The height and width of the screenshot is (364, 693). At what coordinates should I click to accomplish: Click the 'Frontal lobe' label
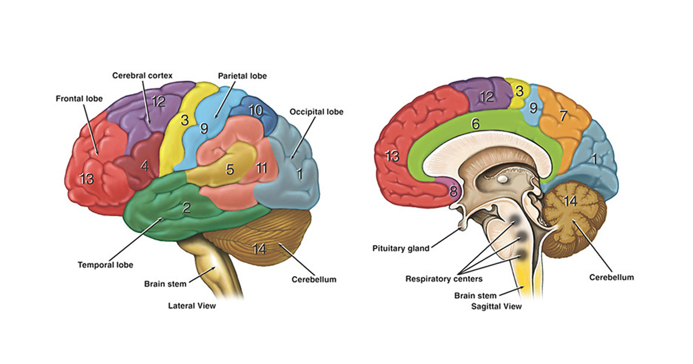click(x=79, y=99)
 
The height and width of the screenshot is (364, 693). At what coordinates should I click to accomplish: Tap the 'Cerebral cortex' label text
click(x=142, y=76)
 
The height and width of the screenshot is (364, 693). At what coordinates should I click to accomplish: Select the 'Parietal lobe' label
click(x=243, y=76)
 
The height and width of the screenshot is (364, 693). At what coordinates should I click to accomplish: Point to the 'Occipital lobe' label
click(x=316, y=112)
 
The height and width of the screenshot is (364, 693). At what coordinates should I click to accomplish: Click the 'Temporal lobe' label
click(x=106, y=265)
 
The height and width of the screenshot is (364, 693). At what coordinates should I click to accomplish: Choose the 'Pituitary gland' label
click(x=401, y=249)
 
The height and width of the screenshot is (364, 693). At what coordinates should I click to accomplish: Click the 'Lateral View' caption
click(x=192, y=305)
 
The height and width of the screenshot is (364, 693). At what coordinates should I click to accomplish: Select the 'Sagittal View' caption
click(x=497, y=306)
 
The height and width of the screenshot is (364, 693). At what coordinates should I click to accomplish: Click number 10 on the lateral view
click(x=255, y=110)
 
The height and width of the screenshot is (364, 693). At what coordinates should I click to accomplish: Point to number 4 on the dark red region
click(x=144, y=166)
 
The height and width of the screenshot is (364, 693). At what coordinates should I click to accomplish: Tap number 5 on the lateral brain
click(x=229, y=170)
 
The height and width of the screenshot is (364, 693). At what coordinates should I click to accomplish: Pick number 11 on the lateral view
click(x=262, y=169)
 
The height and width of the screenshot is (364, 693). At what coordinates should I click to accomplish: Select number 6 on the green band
click(x=475, y=123)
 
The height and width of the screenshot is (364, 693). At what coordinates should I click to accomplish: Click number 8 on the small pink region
click(x=453, y=191)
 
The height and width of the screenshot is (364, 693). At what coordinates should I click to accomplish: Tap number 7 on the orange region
click(x=563, y=115)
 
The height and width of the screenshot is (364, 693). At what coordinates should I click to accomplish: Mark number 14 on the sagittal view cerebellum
click(x=571, y=202)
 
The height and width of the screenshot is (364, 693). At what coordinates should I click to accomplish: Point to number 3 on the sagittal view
click(x=520, y=91)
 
